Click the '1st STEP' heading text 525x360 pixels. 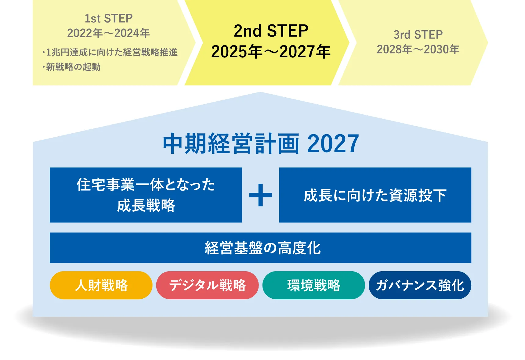pos(109,18)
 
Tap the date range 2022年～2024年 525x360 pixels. pos(109,33)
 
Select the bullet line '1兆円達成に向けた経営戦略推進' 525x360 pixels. pos(110,52)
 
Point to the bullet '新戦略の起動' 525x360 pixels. pos(72,67)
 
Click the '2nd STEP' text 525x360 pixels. pos(271,31)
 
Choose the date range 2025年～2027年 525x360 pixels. pos(271,51)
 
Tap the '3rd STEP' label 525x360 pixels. pos(418,34)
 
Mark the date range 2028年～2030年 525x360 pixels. pos(418,49)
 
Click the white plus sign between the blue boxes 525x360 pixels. pos(260,195)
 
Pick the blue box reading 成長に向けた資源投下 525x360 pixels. pos(375,195)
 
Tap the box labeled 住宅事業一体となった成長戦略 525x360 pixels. pos(146,195)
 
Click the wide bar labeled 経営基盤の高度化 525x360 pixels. pos(260,248)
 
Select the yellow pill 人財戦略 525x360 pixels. pos(101,285)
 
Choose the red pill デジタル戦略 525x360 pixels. pos(208,285)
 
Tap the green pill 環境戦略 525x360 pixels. pos(314,285)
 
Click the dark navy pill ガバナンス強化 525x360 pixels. pos(420,285)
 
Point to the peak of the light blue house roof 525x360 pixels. pos(260,92)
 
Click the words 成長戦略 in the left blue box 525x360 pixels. pos(146,205)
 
